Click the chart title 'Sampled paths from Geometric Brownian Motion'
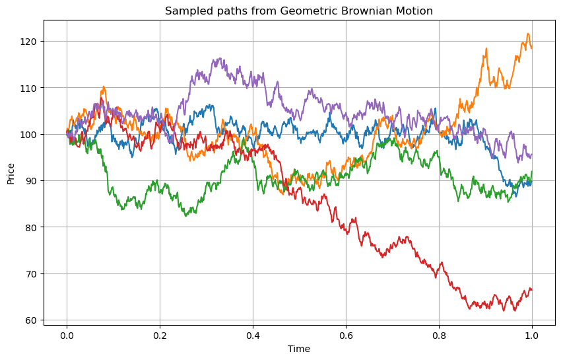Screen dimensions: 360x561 pos(298,11)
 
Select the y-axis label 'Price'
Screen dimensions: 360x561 pos(11,173)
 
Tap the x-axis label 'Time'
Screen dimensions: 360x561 pos(298,349)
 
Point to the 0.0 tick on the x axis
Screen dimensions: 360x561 pos(66,335)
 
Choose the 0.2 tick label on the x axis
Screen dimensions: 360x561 pos(159,335)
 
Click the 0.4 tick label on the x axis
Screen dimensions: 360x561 pos(252,335)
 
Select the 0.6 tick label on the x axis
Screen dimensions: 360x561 pos(345,335)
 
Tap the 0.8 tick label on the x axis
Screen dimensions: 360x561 pos(438,335)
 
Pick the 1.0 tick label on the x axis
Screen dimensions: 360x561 pos(531,335)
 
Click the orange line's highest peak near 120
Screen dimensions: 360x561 pos(527,34)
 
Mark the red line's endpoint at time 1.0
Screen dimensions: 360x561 pos(531,289)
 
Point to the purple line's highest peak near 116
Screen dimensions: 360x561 pos(219,58)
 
